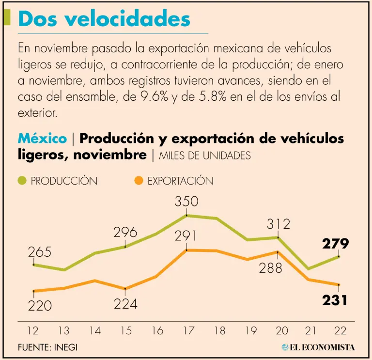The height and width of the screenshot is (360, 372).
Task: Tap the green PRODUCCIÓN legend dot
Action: point(22,181)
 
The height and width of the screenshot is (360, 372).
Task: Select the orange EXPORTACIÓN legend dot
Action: point(139,181)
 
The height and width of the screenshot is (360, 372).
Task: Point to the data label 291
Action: point(186,236)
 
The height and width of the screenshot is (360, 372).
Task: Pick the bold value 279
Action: point(335,244)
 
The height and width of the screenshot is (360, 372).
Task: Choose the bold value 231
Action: point(335,300)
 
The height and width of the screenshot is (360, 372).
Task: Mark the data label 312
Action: point(278,224)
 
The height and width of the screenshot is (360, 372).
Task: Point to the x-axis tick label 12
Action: point(33,331)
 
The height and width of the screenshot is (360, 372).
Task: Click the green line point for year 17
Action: point(186,215)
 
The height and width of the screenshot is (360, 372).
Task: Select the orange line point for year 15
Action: point(125,289)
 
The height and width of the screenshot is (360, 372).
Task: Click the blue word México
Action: point(42,139)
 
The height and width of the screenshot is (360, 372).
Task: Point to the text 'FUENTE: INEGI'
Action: point(47,347)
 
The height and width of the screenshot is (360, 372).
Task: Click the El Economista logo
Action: point(318,347)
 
